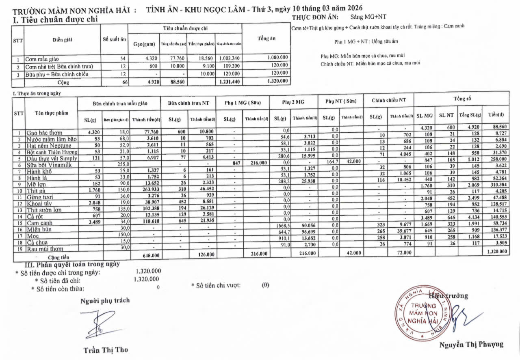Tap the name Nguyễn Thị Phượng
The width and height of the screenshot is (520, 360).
(471, 345)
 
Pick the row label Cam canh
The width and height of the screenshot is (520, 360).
(40, 223)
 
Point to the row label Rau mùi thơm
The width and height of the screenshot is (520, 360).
(45, 249)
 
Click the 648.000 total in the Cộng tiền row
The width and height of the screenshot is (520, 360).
(150, 255)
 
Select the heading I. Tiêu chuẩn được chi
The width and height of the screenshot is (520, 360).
(55, 19)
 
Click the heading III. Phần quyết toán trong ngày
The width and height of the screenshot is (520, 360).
(72, 264)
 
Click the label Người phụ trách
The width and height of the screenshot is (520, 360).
(105, 301)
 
